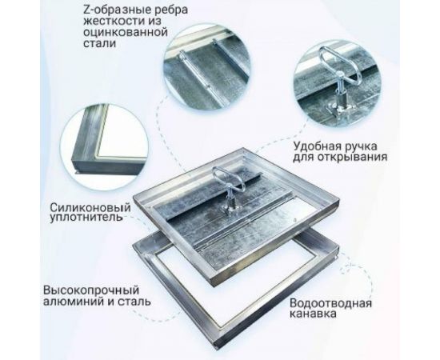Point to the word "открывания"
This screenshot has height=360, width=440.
360,158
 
